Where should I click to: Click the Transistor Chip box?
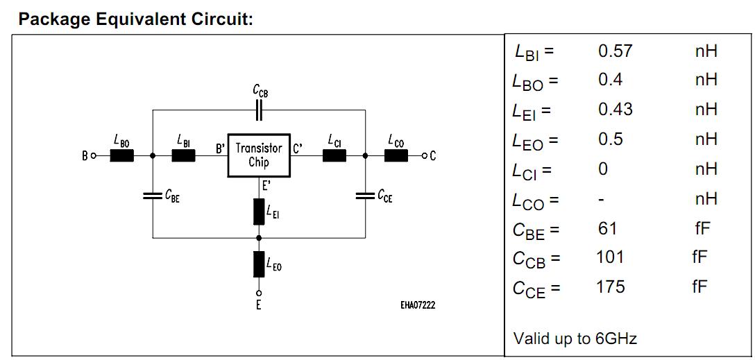pos(259,155)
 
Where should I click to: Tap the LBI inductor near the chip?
pos(183,155)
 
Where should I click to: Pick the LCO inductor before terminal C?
pos(396,155)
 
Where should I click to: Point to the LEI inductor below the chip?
pos(259,212)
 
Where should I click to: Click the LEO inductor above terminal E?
pos(259,264)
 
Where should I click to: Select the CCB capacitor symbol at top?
pos(259,110)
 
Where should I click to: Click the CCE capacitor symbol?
pos(366,197)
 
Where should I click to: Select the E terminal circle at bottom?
pos(259,292)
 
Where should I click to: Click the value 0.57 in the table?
pos(615,51)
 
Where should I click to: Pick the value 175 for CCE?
pos(611,286)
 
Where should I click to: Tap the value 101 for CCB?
pos(610,257)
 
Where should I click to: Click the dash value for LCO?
pos(602,200)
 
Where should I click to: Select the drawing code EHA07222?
pos(418,305)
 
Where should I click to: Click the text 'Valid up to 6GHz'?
pos(575,338)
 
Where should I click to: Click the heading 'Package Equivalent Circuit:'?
pos(135,19)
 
